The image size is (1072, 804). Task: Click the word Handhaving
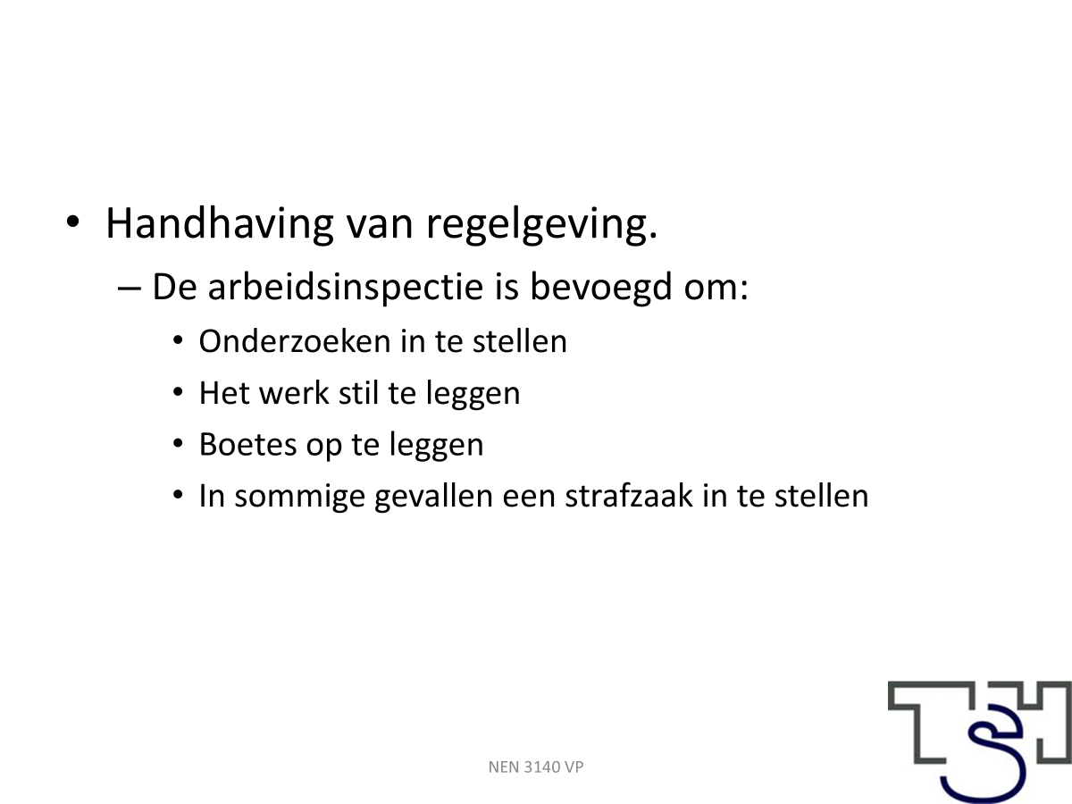(220, 224)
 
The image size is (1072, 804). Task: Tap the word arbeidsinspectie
(346, 288)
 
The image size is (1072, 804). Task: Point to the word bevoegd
(601, 288)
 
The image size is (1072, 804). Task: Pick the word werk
(294, 392)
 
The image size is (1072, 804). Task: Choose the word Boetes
(248, 444)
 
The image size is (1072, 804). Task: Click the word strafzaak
(629, 496)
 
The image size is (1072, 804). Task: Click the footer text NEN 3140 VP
(536, 766)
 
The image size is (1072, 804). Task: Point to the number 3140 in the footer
(541, 766)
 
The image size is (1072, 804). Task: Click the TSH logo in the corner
(980, 742)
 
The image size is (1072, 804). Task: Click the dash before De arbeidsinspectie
(130, 289)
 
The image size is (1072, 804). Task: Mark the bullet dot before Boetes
(178, 443)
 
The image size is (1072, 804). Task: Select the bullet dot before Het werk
(178, 391)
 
